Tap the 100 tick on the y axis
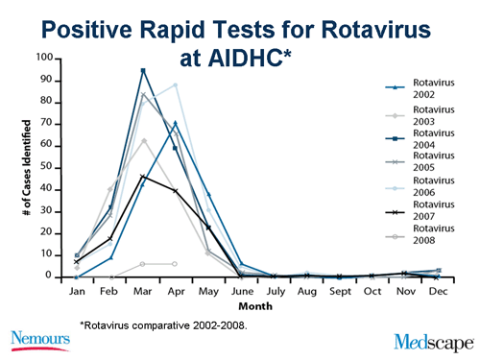tap(44, 58)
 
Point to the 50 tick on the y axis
tap(47, 167)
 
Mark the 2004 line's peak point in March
tap(143, 70)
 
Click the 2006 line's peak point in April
tap(175, 84)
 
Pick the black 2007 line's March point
tap(143, 177)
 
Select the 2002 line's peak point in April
tap(175, 122)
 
